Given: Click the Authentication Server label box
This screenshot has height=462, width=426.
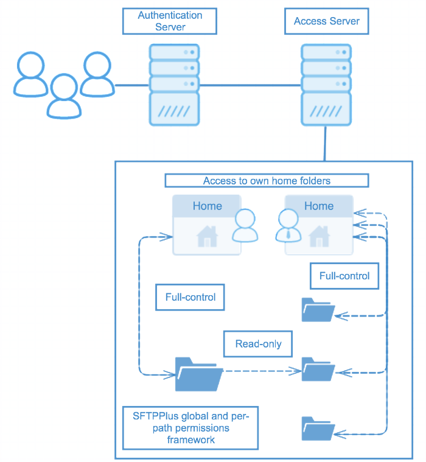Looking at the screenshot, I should click(170, 21).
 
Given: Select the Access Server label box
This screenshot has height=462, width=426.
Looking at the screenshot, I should click(326, 21).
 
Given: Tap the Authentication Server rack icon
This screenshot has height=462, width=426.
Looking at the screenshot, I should click(175, 84).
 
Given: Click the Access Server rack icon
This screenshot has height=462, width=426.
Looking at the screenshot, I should click(326, 84).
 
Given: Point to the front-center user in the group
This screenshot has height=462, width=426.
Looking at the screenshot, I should click(65, 96).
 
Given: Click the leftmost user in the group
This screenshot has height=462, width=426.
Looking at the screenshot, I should click(31, 74).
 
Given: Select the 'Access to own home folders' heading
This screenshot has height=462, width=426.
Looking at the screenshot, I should click(267, 181).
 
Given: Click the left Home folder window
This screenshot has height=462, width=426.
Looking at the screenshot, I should click(206, 225).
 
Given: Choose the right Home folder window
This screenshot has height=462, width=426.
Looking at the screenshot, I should click(319, 225).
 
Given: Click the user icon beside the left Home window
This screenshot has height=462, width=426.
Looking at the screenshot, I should click(244, 226).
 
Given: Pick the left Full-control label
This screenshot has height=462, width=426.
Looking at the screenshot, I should click(190, 298).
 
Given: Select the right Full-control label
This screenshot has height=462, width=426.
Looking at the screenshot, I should click(344, 276).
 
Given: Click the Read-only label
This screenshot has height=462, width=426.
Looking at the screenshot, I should click(258, 344).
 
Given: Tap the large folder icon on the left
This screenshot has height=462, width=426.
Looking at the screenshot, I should click(198, 374).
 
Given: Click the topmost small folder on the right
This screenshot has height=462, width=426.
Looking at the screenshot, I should click(318, 310).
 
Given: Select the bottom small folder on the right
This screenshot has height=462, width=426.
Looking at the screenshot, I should click(318, 429).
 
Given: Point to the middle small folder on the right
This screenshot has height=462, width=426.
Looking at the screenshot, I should click(318, 369).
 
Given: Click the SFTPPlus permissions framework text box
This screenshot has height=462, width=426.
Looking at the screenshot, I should click(190, 428).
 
